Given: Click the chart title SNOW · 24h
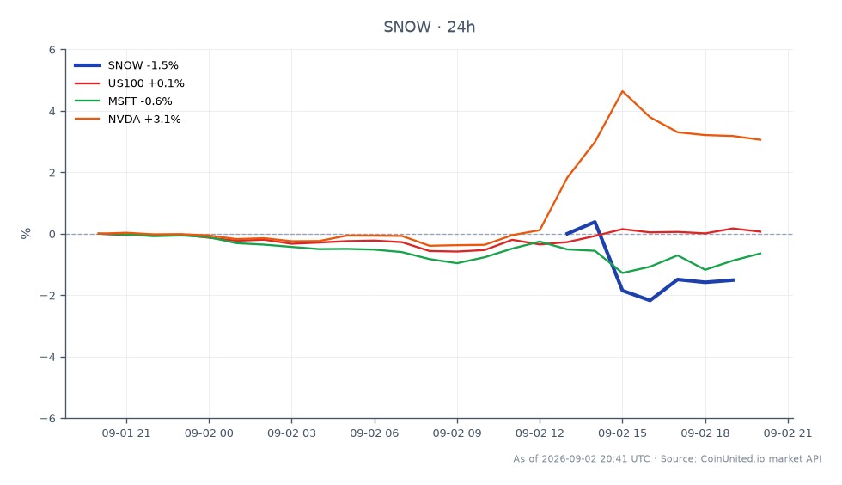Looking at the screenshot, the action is point(429,27).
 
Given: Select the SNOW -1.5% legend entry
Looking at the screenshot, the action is point(126,65).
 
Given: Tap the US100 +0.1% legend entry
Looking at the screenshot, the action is point(129,83).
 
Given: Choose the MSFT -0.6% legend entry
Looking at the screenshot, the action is point(123,101).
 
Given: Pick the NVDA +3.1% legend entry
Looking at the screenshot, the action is point(127,120).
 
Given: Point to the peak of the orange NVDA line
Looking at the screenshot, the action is point(622,91).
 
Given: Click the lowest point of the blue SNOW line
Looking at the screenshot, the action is point(650,300).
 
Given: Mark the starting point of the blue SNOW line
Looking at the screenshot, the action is point(567,234).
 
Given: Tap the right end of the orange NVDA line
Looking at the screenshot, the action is point(760,140).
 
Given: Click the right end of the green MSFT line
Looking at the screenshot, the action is point(760,254).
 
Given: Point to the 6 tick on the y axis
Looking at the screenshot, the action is point(52,50).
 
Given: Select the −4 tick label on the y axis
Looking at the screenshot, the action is point(48,357).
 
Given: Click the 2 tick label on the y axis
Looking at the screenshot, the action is point(52,173).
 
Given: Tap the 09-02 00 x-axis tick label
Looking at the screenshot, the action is point(209,433).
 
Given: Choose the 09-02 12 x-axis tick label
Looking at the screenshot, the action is point(540,433).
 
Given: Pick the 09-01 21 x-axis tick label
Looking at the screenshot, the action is point(126,433).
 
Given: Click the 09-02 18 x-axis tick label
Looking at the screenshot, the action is point(705,433).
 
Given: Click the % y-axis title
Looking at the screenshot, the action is point(26,233).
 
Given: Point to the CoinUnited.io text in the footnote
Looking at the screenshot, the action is point(733,458).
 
